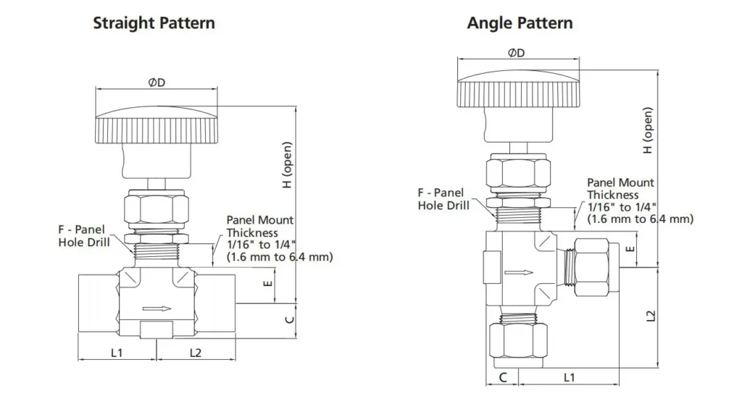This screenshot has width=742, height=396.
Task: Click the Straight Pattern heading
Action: pos(154,23)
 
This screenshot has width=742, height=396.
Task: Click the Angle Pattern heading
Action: pos(520,23)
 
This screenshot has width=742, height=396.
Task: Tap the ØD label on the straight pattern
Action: pos(157,83)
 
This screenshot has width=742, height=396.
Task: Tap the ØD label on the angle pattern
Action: pos(517,53)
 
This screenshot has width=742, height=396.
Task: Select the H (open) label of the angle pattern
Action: pos(648,130)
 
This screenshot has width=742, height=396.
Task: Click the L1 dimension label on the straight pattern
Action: pos(117,353)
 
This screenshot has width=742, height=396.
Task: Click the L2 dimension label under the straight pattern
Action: pos(196,353)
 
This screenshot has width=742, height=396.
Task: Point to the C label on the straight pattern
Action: pos(288,319)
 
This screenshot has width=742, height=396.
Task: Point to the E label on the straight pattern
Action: pos(268,284)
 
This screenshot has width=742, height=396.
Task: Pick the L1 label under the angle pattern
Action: pos(569,377)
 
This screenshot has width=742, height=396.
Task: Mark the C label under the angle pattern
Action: pos(502,377)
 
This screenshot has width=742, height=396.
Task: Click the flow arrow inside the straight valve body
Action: pos(157,309)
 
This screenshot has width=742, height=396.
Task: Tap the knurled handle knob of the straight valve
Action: pos(157,127)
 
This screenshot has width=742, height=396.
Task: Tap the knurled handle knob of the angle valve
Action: pos(518,94)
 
